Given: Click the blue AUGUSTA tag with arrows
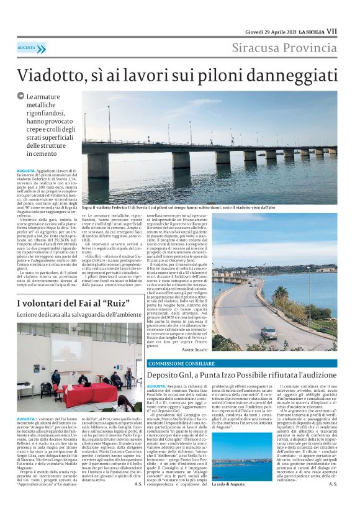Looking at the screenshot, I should (x=32, y=48).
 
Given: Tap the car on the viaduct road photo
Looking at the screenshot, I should (x=269, y=332).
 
